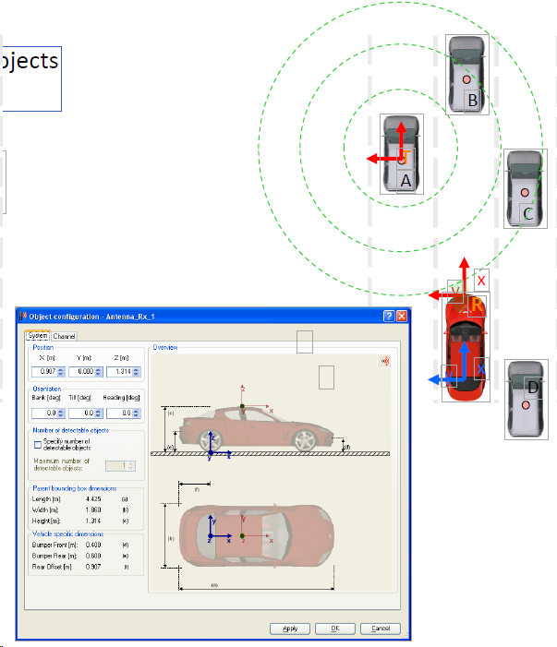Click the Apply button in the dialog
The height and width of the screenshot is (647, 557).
click(x=289, y=629)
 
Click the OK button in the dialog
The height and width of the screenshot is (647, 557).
click(x=334, y=629)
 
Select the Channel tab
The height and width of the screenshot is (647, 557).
click(x=65, y=336)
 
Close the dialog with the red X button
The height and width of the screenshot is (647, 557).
click(x=402, y=317)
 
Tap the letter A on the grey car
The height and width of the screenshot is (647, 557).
click(x=405, y=182)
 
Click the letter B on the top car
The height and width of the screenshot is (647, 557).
click(x=472, y=101)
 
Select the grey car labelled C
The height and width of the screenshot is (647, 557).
click(x=526, y=189)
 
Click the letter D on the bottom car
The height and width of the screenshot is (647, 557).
click(x=532, y=386)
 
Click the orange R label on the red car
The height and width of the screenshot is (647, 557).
click(x=477, y=306)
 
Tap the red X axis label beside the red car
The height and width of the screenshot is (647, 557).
click(x=481, y=280)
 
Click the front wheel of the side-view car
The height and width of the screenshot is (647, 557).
click(x=303, y=440)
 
